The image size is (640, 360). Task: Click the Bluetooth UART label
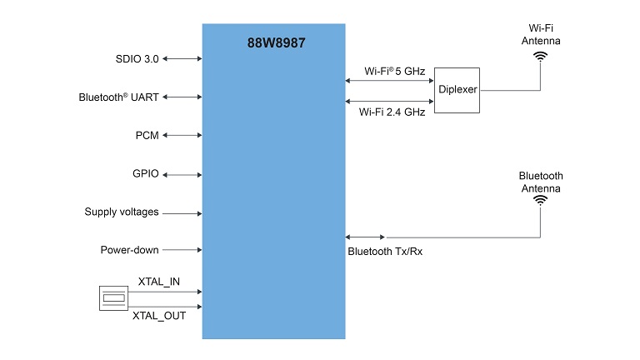coord(118,97)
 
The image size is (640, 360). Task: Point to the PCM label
coord(147,136)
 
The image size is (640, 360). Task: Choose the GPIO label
coord(145,174)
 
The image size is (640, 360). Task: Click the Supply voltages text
coord(122,212)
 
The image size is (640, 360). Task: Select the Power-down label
coord(129,250)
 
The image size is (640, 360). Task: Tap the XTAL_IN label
coord(158,282)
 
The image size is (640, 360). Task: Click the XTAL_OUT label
coord(157,317)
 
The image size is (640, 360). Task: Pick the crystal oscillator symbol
coord(113,298)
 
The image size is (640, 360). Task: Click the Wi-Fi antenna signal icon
coord(541,57)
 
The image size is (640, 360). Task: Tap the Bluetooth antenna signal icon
coord(541,200)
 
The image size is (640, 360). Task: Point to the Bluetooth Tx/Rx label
coord(384,251)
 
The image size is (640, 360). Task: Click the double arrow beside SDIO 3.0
coord(183,59)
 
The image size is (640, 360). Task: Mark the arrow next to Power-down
coord(182,250)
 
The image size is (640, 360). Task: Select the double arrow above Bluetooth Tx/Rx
coord(365,237)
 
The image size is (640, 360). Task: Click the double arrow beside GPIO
coord(183,174)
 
